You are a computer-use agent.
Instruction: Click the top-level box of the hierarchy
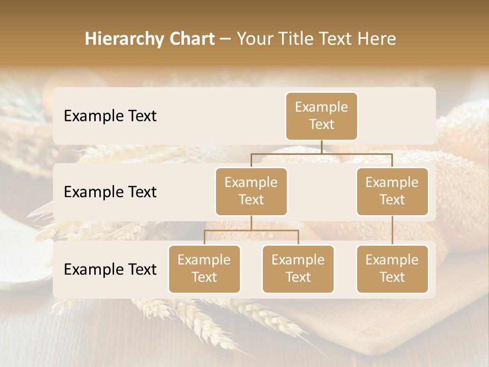tap(321, 116)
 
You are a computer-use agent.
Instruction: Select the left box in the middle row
tap(251, 191)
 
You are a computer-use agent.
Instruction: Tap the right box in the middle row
tap(392, 191)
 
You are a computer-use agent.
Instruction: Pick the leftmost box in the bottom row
tap(204, 269)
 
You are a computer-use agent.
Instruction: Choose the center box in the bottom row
tap(298, 269)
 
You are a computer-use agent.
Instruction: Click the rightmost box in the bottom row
tap(392, 269)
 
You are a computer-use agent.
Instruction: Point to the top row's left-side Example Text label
tap(110, 116)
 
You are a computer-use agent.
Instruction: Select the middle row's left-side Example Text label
tap(110, 192)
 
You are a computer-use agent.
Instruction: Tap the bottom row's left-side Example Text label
tap(110, 270)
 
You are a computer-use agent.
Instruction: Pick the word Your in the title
tap(255, 39)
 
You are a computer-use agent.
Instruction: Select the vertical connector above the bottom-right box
tap(392, 230)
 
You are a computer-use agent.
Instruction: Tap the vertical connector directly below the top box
tap(321, 147)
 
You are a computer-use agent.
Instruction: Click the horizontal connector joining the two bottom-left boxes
tap(251, 230)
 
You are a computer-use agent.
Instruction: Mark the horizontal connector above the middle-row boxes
tap(321, 153)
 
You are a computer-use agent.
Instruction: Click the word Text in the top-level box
tap(321, 124)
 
